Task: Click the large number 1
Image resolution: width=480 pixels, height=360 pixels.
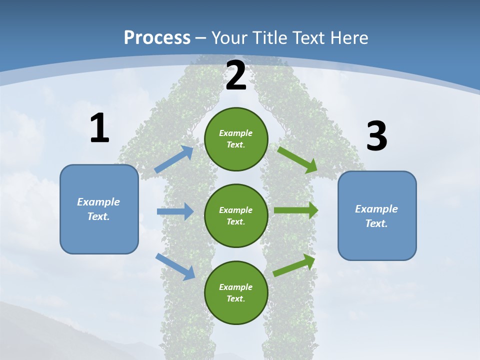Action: [99, 128]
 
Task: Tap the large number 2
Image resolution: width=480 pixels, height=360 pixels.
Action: [236, 76]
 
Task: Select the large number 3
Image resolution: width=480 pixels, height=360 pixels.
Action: [376, 136]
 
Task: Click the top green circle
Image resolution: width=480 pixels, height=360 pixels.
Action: [236, 139]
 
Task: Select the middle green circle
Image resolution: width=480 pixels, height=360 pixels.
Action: [236, 215]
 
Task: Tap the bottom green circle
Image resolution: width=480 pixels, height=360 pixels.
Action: [236, 292]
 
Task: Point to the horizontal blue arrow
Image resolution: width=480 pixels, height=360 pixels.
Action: [175, 211]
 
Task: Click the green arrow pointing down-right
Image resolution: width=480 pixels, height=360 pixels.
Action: [297, 159]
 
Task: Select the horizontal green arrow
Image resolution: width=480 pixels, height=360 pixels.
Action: [296, 210]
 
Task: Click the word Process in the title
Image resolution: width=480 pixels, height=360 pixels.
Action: [157, 37]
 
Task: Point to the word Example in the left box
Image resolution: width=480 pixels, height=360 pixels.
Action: [98, 202]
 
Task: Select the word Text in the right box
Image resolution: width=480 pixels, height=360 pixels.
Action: [376, 223]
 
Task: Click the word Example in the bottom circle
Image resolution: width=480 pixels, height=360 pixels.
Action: [235, 287]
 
